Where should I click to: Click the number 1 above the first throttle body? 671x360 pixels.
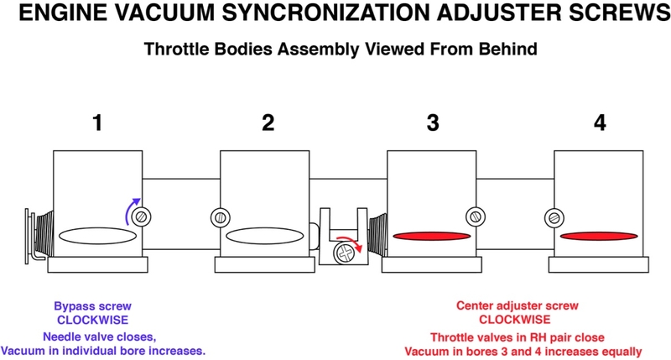(98, 123)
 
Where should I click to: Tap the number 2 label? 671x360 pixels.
(268, 123)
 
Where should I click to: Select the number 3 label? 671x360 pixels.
(433, 123)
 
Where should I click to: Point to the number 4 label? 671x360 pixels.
(599, 123)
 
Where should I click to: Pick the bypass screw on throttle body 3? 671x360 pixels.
(475, 216)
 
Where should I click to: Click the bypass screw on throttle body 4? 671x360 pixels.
(553, 216)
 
